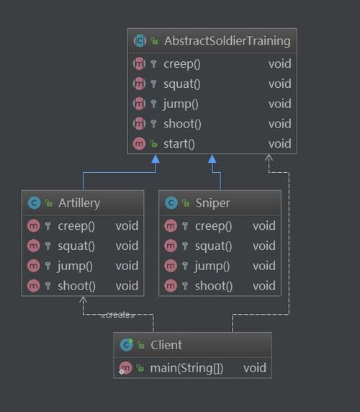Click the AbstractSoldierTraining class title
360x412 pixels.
228,41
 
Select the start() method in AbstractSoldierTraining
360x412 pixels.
179,144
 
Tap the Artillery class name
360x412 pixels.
79,203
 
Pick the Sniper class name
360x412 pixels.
212,203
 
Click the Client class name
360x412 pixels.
166,345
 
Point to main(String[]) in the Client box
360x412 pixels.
186,368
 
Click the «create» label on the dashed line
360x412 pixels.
118,315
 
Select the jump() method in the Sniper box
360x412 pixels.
212,267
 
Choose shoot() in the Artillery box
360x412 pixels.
76,286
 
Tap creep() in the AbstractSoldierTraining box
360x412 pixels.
182,64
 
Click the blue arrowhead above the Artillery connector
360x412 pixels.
156,159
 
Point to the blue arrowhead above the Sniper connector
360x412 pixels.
212,159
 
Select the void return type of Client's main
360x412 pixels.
255,368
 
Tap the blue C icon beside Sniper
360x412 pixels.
171,203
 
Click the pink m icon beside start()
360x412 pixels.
139,144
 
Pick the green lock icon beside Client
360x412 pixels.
140,345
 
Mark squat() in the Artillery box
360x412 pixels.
76,246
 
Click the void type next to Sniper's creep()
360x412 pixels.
264,226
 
